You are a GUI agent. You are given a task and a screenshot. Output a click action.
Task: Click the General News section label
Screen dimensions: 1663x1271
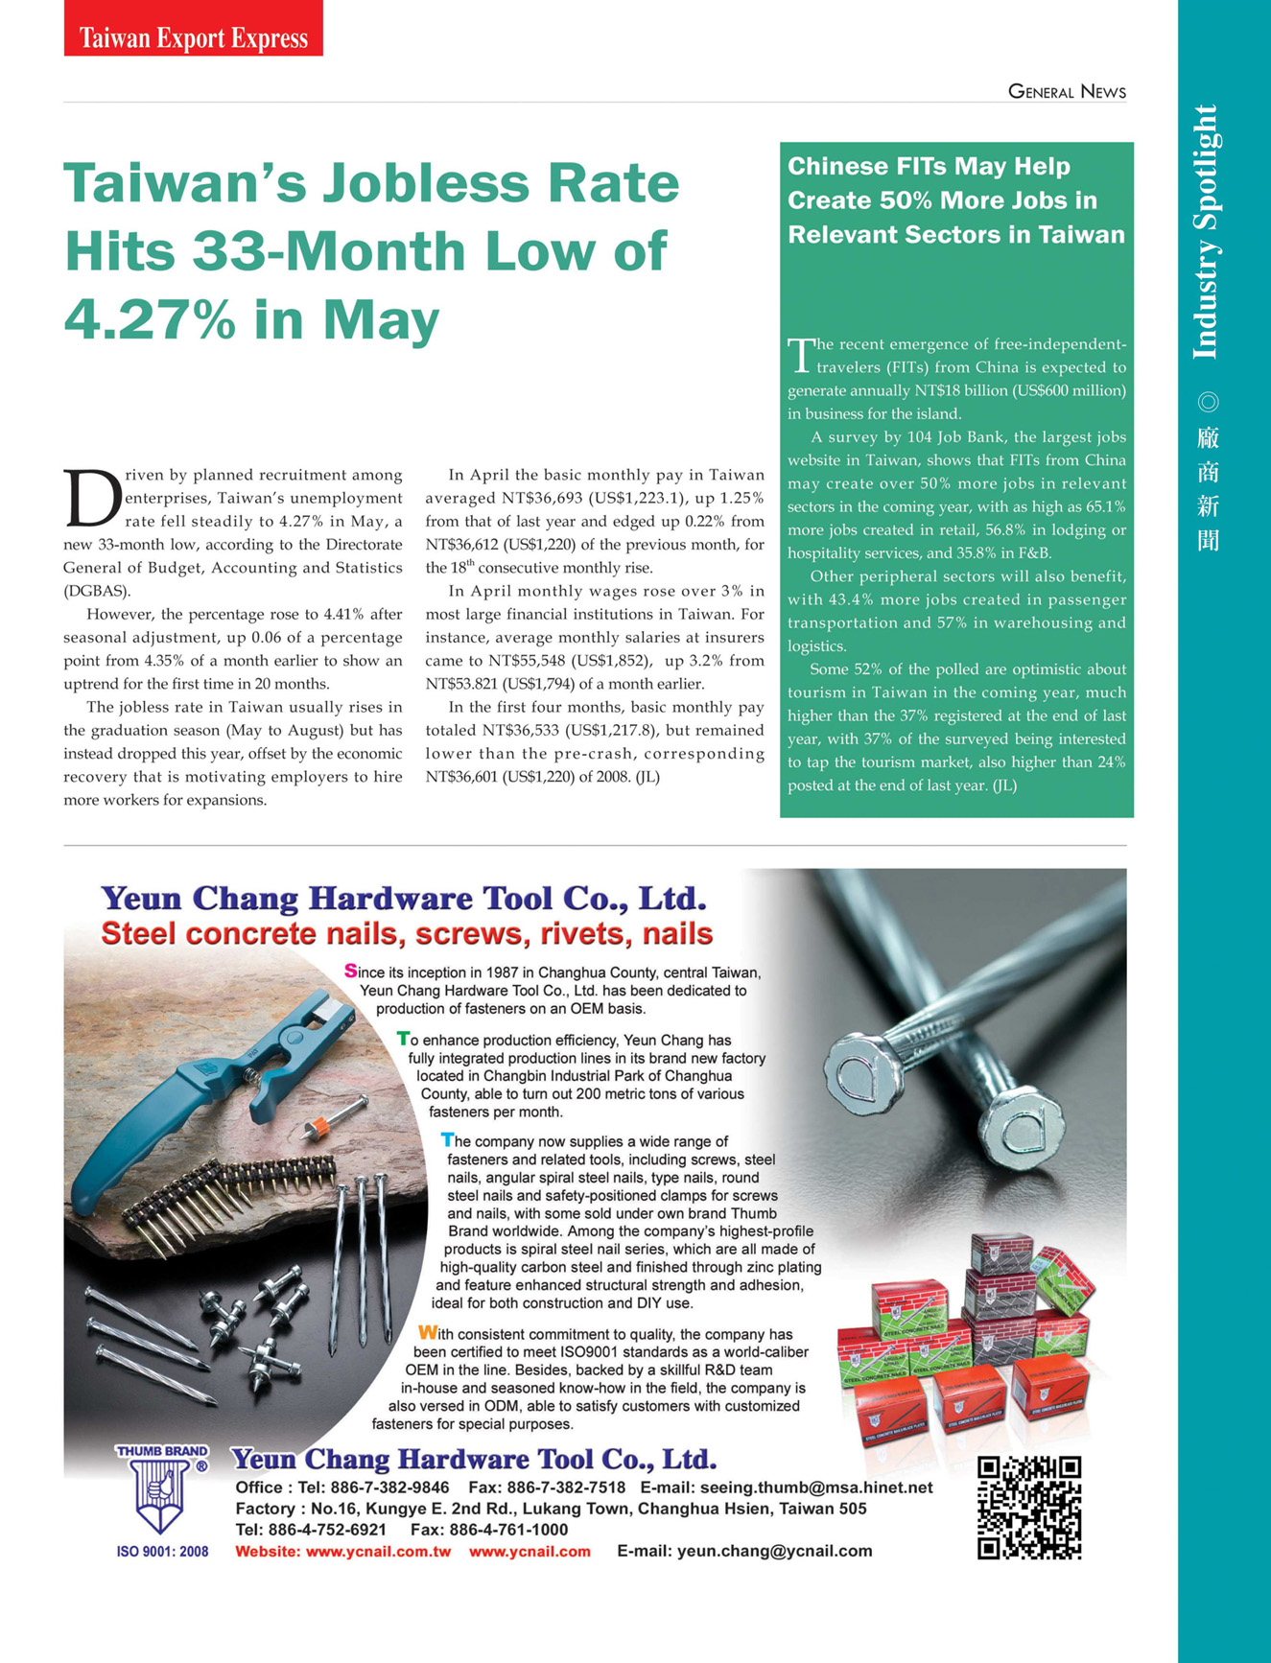[x=1067, y=92]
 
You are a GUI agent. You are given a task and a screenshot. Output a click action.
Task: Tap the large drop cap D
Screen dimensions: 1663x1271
[x=92, y=498]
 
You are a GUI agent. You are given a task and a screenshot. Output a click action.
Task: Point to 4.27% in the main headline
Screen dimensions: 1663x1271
[x=150, y=319]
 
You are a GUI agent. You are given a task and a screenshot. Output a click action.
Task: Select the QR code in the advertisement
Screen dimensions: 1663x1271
[x=1028, y=1508]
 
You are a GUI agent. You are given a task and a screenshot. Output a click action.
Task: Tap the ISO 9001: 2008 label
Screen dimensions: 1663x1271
[x=162, y=1552]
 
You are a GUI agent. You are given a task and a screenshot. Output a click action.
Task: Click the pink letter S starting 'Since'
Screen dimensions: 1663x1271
[x=350, y=971]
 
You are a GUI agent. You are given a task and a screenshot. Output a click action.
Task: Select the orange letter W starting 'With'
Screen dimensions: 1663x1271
[x=427, y=1332]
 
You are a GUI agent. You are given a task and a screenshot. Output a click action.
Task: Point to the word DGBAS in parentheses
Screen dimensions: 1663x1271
[x=96, y=591]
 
